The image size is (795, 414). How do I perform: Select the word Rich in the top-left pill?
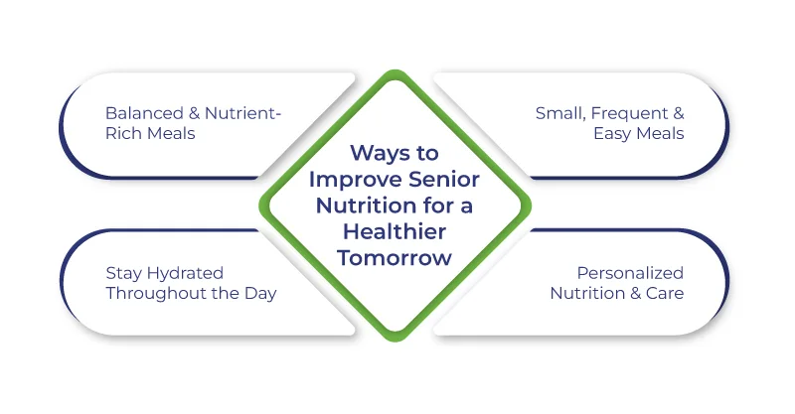[123, 134]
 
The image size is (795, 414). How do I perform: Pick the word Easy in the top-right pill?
[609, 134]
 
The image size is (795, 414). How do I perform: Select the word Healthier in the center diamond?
[397, 233]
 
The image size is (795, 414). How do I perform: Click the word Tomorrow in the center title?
[397, 258]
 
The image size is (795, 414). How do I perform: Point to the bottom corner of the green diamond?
[397, 341]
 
